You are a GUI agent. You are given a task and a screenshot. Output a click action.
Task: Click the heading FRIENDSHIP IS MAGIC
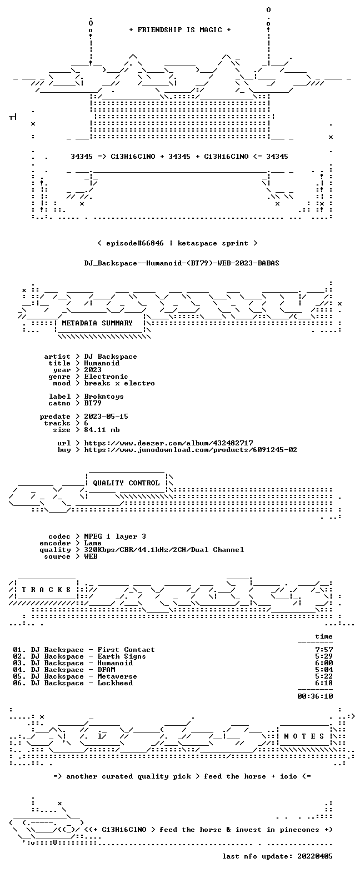(180, 29)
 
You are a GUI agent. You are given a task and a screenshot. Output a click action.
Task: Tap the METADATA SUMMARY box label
(97, 323)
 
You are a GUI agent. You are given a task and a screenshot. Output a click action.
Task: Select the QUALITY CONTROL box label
(126, 483)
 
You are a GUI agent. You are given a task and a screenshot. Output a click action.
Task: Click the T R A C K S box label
(46, 590)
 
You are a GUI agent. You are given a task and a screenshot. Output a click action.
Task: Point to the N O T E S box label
(304, 736)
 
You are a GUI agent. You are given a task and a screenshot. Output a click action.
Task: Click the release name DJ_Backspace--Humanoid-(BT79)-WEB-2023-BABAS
(182, 263)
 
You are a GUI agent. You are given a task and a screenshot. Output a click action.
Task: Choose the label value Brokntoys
(104, 397)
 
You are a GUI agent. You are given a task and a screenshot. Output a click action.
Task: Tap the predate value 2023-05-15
(106, 417)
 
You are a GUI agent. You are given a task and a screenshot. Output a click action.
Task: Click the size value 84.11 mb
(102, 430)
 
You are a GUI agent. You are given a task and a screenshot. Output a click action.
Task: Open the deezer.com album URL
(168, 443)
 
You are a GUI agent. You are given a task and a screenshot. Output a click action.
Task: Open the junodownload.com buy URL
(191, 450)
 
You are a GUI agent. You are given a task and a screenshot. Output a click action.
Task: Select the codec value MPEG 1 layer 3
(115, 536)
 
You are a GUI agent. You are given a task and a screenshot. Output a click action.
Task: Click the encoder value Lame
(93, 543)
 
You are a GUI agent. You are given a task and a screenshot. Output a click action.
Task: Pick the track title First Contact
(126, 650)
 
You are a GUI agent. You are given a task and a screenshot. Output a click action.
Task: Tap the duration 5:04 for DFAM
(324, 670)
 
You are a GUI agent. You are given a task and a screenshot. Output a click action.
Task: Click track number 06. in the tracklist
(19, 683)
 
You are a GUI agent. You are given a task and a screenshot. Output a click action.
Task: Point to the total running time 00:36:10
(315, 696)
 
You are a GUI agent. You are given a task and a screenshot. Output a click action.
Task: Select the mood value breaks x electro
(119, 383)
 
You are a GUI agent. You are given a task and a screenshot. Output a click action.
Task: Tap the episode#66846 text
(135, 243)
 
